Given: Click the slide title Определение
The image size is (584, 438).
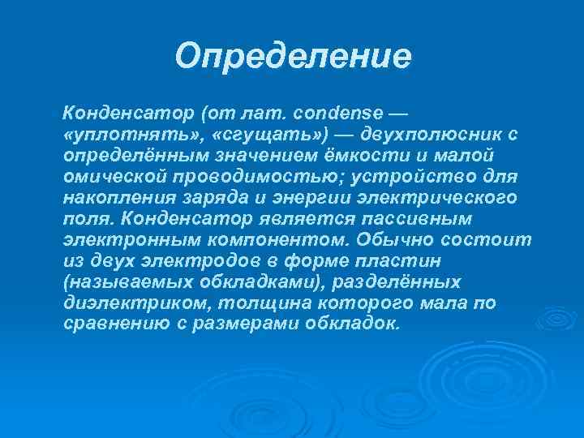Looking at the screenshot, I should tap(294, 57).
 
